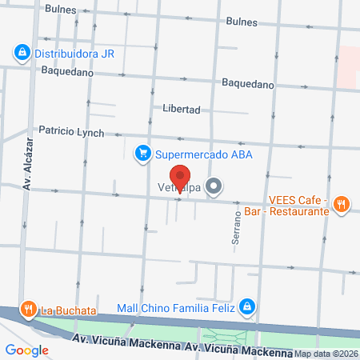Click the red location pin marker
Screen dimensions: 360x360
(x=181, y=177)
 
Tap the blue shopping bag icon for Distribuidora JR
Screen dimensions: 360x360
(x=22, y=54)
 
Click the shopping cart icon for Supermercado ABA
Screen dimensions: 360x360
(x=142, y=153)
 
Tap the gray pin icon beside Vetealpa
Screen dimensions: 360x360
(x=214, y=188)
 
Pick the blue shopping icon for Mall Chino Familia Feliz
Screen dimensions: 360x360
(x=248, y=306)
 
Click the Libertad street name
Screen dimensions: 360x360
(x=181, y=109)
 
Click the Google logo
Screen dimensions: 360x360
(x=26, y=350)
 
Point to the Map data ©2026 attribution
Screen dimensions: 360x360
(x=326, y=354)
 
